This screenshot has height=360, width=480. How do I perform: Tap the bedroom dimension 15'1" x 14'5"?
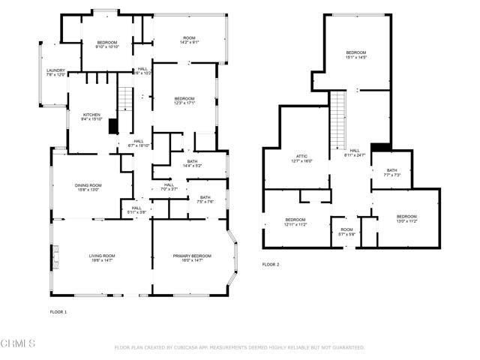coord(356,57)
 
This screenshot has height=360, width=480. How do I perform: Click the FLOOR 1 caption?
coord(58,310)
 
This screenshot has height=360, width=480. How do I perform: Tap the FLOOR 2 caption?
coord(270,265)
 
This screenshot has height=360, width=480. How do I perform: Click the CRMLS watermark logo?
coord(19,344)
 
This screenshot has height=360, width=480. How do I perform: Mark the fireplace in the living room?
coord(55,256)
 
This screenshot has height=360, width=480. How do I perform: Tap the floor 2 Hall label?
coord(354,152)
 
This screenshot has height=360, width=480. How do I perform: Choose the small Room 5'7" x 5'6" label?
coord(346,232)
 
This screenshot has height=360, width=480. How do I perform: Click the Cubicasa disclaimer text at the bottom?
coord(239,348)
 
